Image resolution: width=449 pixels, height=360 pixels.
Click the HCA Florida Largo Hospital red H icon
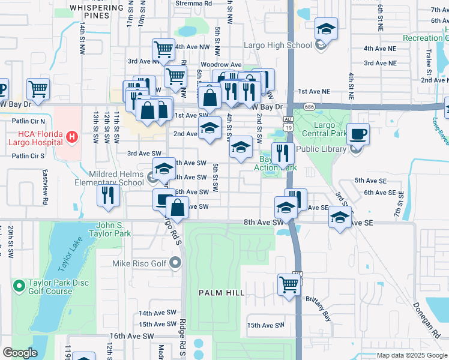tap(73, 137)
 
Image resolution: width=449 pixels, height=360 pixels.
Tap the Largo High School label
tap(277, 45)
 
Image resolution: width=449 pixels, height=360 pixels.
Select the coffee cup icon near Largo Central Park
tap(358, 134)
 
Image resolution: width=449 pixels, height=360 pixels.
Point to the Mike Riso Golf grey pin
tap(175, 262)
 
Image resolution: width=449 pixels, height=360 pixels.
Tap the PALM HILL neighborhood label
tap(221, 292)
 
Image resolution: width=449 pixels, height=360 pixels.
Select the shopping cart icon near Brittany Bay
tap(289, 284)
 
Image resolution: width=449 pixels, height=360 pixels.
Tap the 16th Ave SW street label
tap(131, 337)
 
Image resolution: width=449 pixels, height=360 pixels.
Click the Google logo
tap(20, 353)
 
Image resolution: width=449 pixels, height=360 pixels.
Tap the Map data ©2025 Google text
tap(411, 355)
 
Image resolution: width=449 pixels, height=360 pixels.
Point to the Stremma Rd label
tap(193, 3)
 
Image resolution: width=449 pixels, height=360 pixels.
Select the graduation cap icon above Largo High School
tap(326, 28)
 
